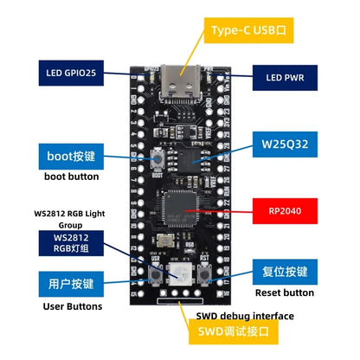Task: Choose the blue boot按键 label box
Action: click(x=70, y=156)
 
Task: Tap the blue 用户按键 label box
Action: click(x=70, y=283)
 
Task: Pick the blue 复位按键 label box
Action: click(x=288, y=271)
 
